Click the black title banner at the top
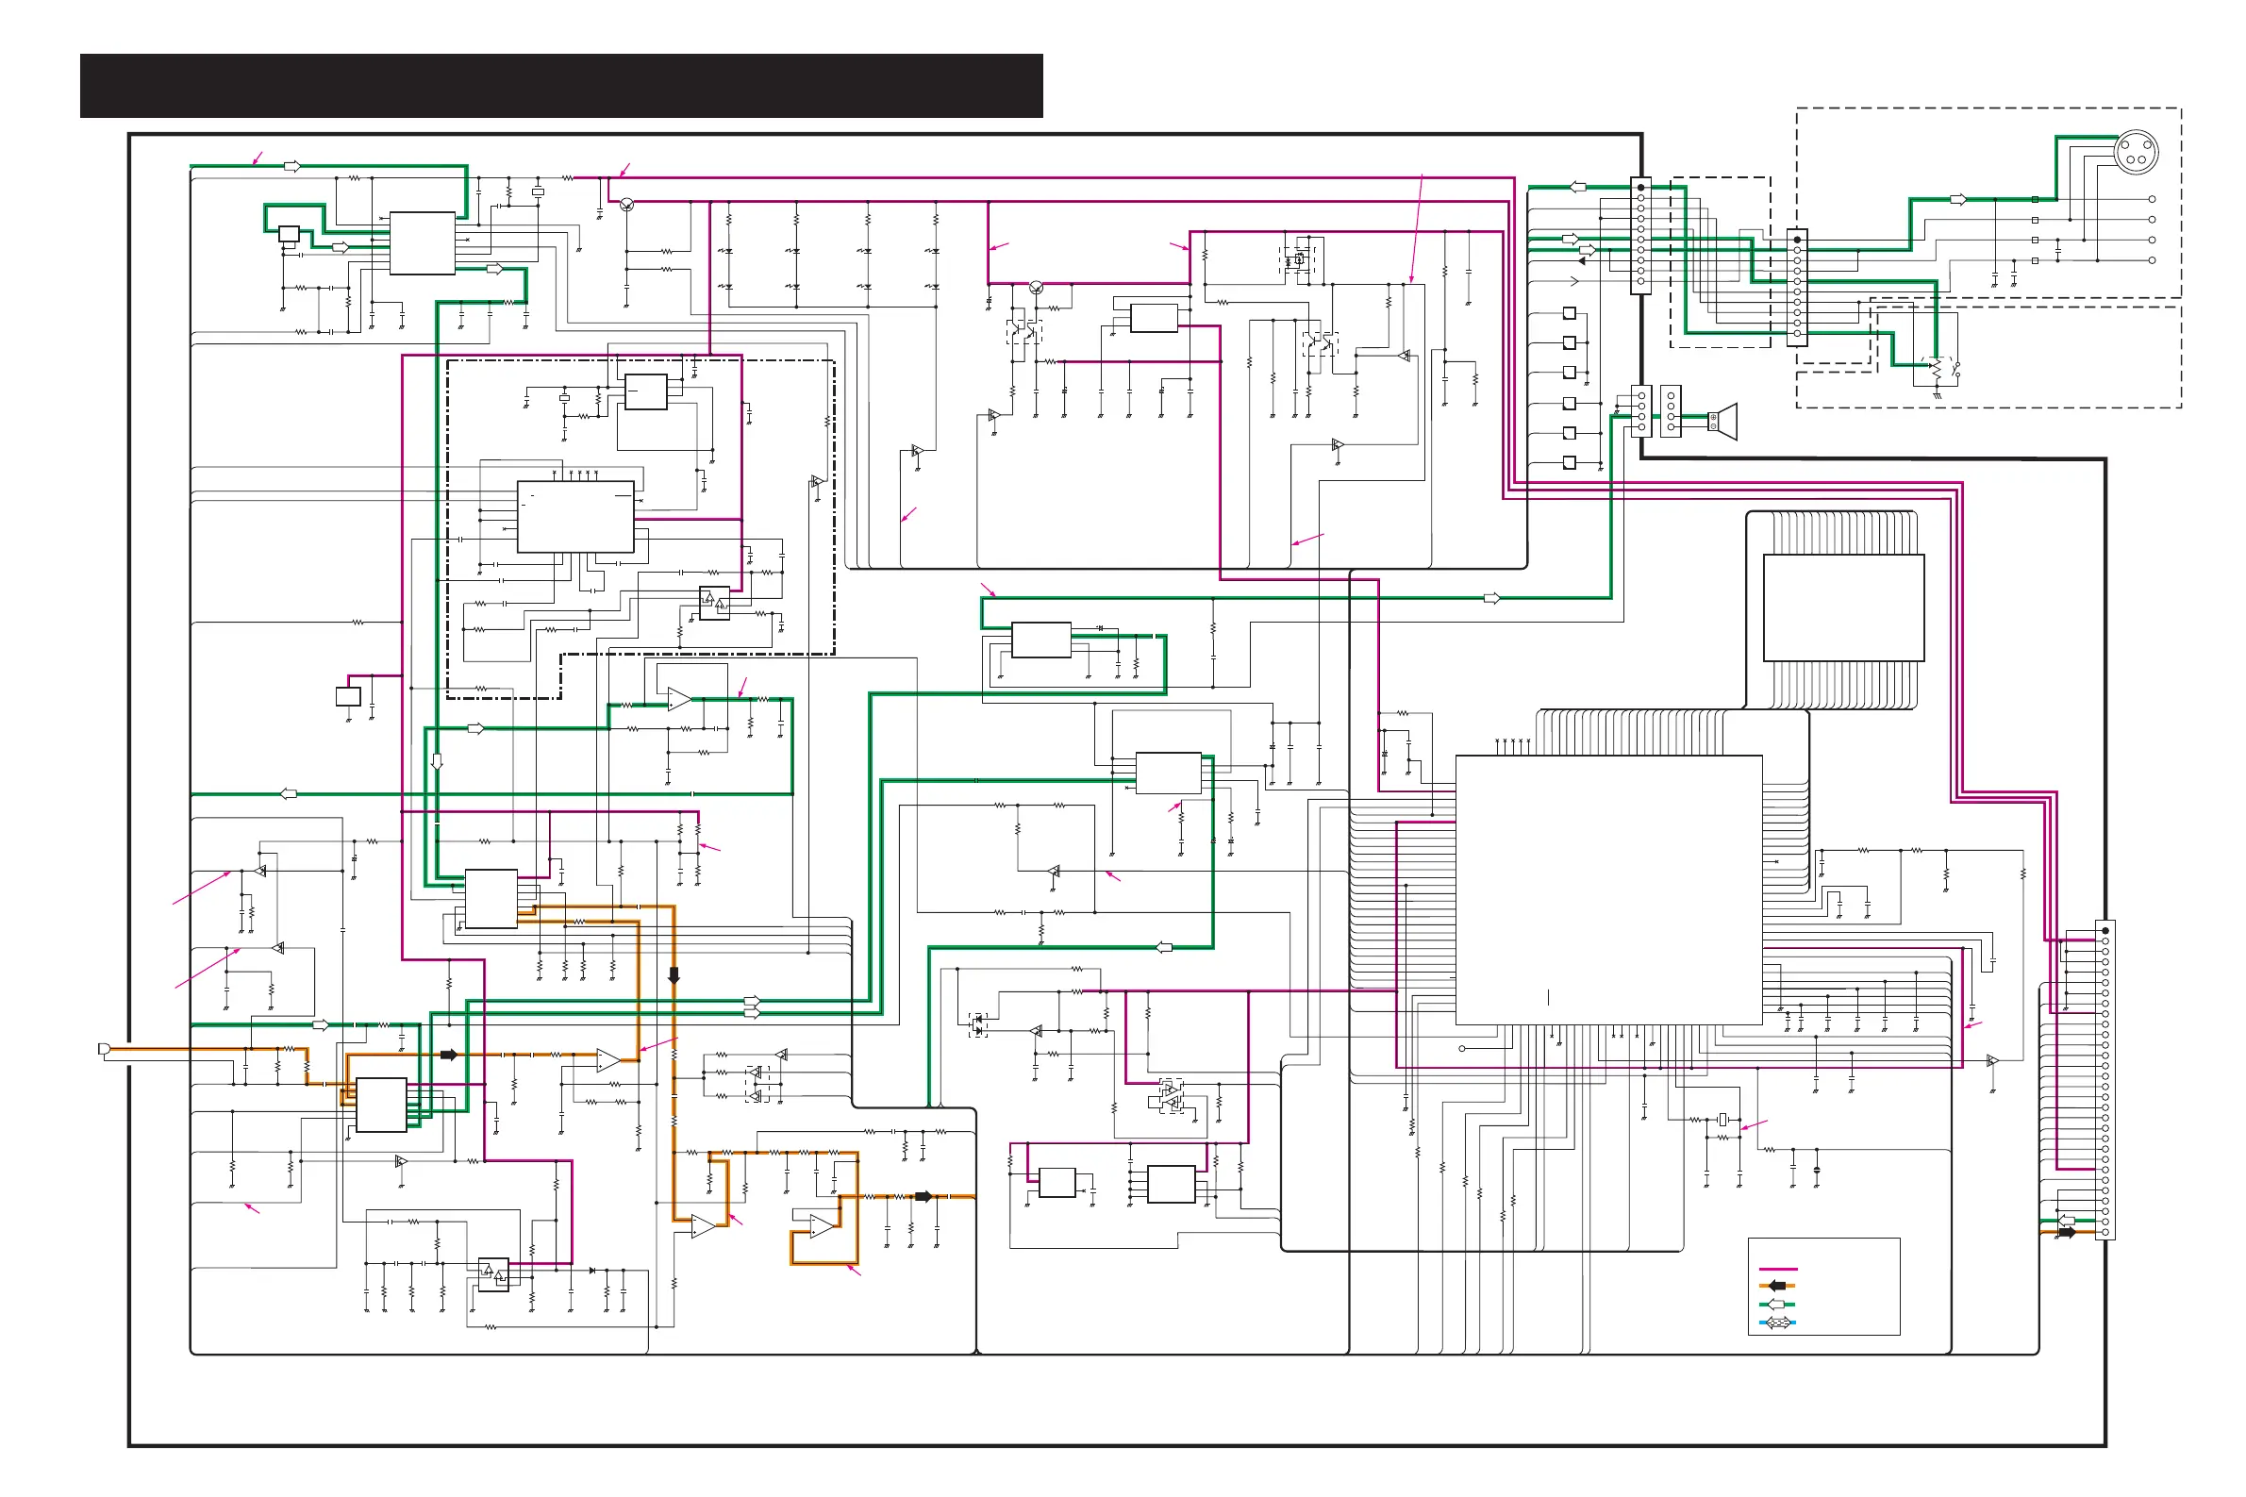pyautogui.click(x=560, y=86)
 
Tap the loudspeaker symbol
pyautogui.click(x=1722, y=420)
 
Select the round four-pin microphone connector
pyautogui.click(x=2136, y=151)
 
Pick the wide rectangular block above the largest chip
pyautogui.click(x=1842, y=607)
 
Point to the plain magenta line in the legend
pyautogui.click(x=1777, y=1269)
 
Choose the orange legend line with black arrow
pyautogui.click(x=1776, y=1286)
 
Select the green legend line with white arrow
pyautogui.click(x=1776, y=1305)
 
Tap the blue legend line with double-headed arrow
pyautogui.click(x=1776, y=1322)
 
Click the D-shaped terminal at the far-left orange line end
pyautogui.click(x=104, y=1049)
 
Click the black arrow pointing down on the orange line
pyautogui.click(x=674, y=974)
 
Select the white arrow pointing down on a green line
pyautogui.click(x=437, y=762)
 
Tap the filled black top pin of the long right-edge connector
pyautogui.click(x=2105, y=930)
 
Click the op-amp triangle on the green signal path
pyautogui.click(x=678, y=699)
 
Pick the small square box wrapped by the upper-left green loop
pyautogui.click(x=289, y=234)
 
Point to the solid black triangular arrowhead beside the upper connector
pyautogui.click(x=1582, y=260)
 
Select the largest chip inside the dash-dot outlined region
pyautogui.click(x=574, y=517)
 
